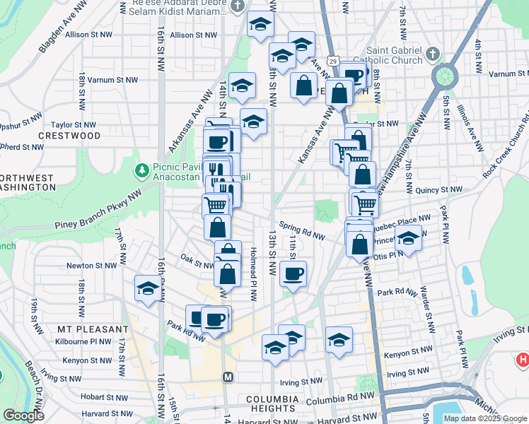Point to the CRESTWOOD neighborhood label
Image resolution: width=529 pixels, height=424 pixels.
pyautogui.click(x=69, y=135)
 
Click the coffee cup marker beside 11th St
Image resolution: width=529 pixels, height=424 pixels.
pyautogui.click(x=293, y=273)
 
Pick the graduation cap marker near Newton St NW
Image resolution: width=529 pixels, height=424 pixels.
pyautogui.click(x=147, y=288)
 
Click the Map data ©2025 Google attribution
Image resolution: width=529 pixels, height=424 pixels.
pyautogui.click(x=485, y=418)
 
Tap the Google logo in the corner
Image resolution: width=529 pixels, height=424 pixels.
pyautogui.click(x=23, y=416)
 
